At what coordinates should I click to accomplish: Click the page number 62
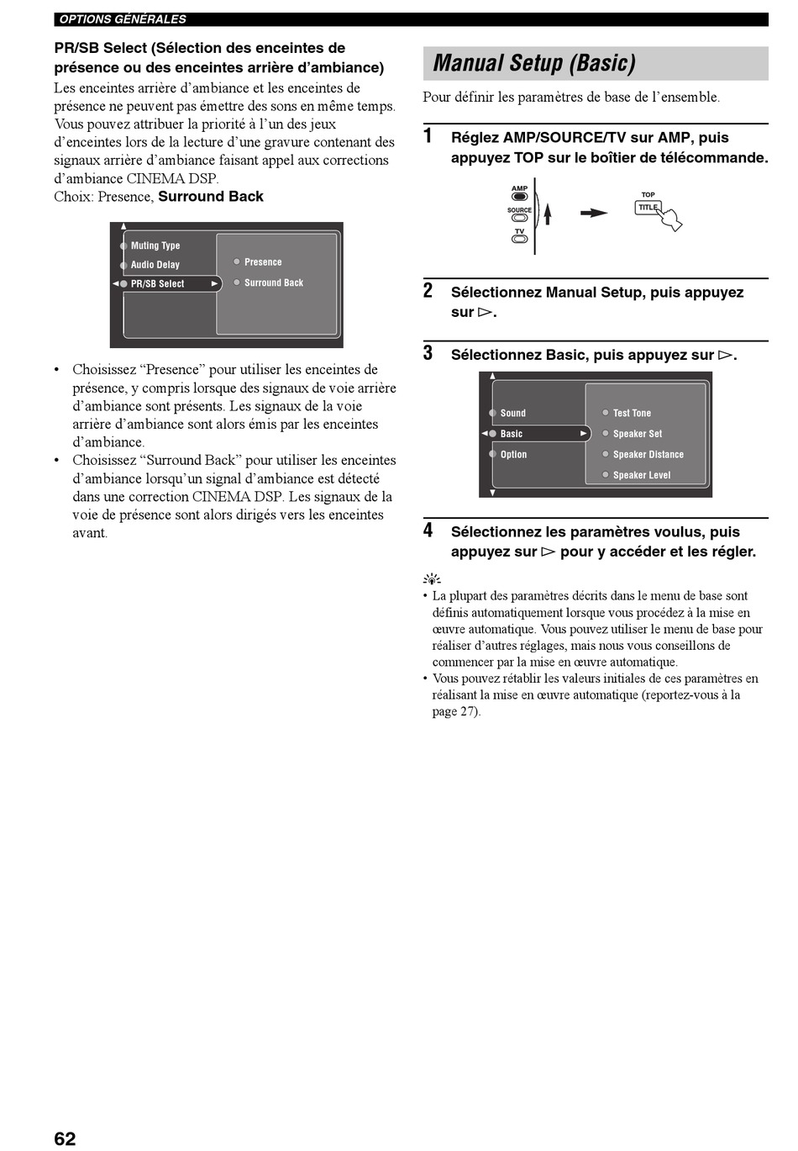pos(65,1138)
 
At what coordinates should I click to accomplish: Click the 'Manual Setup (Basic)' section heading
pos(534,63)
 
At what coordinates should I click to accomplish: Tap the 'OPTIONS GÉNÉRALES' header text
pos(123,19)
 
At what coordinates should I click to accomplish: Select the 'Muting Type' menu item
pos(155,246)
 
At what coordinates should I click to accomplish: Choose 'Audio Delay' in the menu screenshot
pos(155,265)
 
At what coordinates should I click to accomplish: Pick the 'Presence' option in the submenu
pos(262,262)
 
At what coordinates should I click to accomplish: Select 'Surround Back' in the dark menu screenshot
pos(273,283)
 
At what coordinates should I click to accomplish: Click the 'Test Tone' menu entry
pos(631,413)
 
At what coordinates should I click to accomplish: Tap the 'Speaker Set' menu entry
pos(637,434)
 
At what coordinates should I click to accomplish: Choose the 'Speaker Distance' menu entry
pos(648,455)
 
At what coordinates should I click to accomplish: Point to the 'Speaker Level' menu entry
pos(641,475)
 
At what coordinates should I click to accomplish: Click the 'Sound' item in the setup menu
pos(512,413)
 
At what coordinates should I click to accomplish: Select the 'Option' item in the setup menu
pos(513,455)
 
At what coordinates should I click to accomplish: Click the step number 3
pos(428,353)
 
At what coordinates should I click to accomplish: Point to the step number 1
pos(428,136)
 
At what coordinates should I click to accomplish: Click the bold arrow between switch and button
pos(594,214)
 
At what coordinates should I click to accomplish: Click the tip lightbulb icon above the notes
pos(432,579)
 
